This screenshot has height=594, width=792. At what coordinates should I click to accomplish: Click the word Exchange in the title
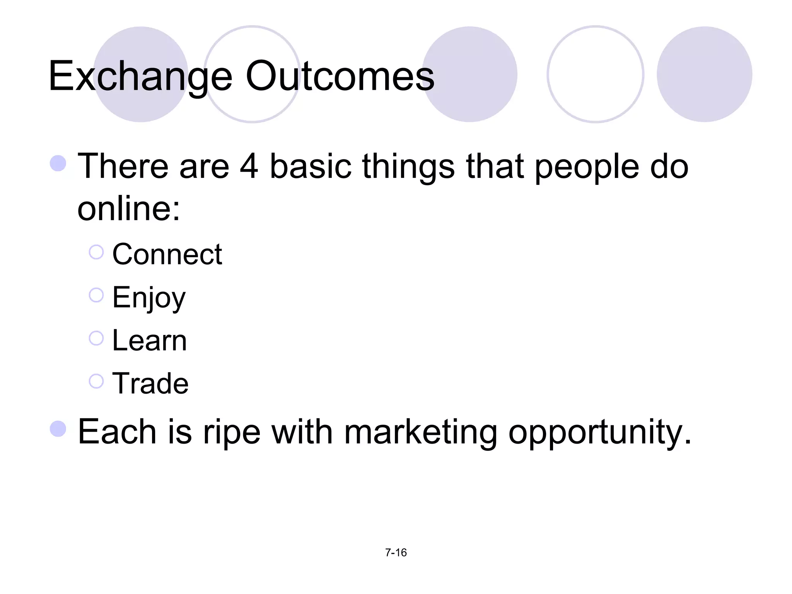point(140,77)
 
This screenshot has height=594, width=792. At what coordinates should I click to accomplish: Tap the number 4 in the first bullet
point(249,166)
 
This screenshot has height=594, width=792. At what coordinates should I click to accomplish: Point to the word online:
point(129,209)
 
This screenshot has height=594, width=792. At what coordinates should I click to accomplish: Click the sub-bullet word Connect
point(167,254)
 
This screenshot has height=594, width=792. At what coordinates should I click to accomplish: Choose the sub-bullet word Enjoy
point(149,298)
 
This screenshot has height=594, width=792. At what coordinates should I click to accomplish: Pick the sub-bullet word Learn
point(149,341)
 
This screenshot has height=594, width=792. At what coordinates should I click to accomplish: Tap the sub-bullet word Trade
point(150,384)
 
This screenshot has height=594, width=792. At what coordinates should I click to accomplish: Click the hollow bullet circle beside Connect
point(96,252)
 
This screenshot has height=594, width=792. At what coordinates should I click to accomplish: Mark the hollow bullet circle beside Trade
point(96,381)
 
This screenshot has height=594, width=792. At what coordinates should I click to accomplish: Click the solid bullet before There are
point(58,163)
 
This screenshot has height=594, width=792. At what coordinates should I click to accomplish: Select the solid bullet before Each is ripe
point(58,429)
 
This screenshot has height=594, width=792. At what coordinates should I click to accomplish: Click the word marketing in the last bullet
point(420,432)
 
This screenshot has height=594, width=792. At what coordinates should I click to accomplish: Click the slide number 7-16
point(396,553)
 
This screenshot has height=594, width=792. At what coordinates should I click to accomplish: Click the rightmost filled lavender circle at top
point(704,74)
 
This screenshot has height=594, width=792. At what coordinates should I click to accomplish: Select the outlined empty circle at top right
point(595,74)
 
